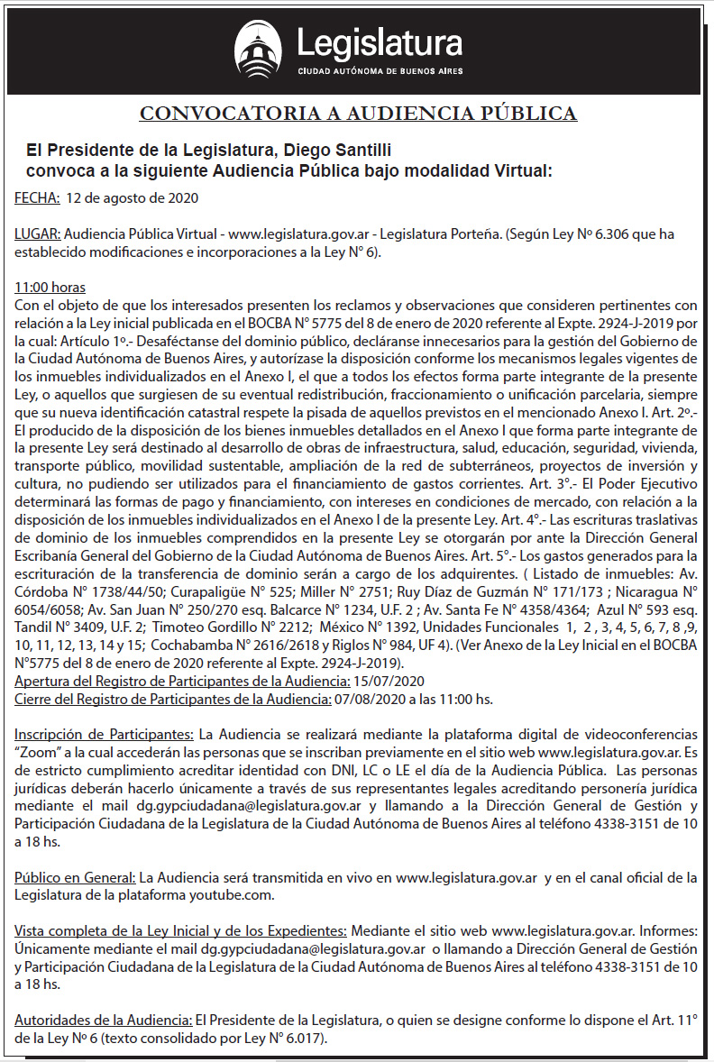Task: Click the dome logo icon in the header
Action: click(258, 50)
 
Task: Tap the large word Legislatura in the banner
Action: click(380, 42)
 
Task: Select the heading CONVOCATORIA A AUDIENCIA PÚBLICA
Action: click(358, 113)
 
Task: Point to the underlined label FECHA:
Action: click(37, 198)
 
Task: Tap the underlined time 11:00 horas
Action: click(50, 288)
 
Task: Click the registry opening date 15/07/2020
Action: click(386, 681)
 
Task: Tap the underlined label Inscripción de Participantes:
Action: click(104, 734)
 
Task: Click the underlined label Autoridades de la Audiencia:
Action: click(103, 1020)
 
